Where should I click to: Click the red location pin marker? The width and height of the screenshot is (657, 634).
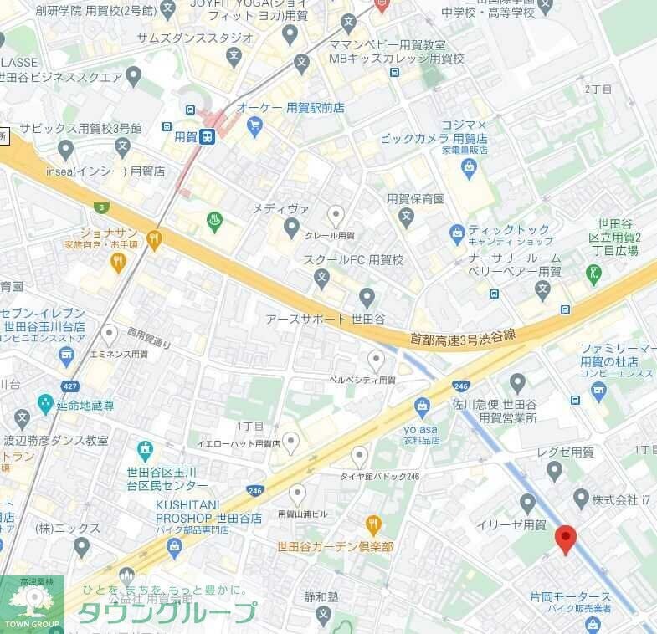566,539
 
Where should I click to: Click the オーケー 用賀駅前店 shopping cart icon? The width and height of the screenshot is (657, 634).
254,126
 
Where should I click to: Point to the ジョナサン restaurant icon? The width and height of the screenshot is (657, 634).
153,241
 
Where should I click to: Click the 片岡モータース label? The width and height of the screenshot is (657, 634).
570,597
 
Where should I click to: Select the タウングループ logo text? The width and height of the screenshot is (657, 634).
167,612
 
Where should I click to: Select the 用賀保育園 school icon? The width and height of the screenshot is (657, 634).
406,217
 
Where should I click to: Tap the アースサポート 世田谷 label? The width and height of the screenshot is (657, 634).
325,320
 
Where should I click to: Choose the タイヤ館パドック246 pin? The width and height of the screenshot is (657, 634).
359,456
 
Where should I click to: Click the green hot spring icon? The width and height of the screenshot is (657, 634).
215,222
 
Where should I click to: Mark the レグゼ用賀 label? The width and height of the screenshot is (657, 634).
566,452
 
